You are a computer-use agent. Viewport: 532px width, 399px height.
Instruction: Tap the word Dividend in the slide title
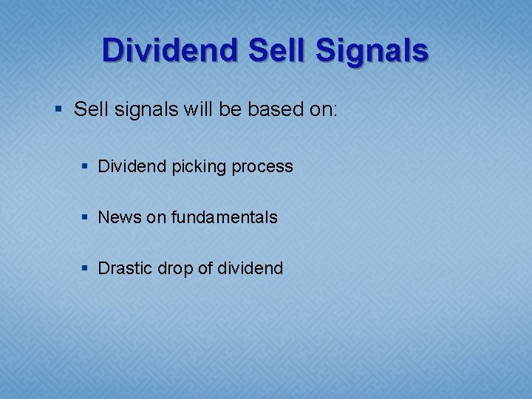[171, 51]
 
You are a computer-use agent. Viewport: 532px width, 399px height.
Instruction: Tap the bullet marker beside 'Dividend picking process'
[87, 167]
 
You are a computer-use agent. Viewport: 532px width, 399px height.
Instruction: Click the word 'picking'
[198, 167]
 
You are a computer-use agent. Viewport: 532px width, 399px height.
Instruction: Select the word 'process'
[262, 167]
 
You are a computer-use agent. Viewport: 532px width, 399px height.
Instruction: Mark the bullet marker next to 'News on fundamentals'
[87, 218]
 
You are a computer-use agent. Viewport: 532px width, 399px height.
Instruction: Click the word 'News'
[119, 217]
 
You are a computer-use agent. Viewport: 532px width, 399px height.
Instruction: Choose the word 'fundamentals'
[224, 217]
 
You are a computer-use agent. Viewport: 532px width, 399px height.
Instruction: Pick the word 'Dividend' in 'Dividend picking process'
[132, 166]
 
